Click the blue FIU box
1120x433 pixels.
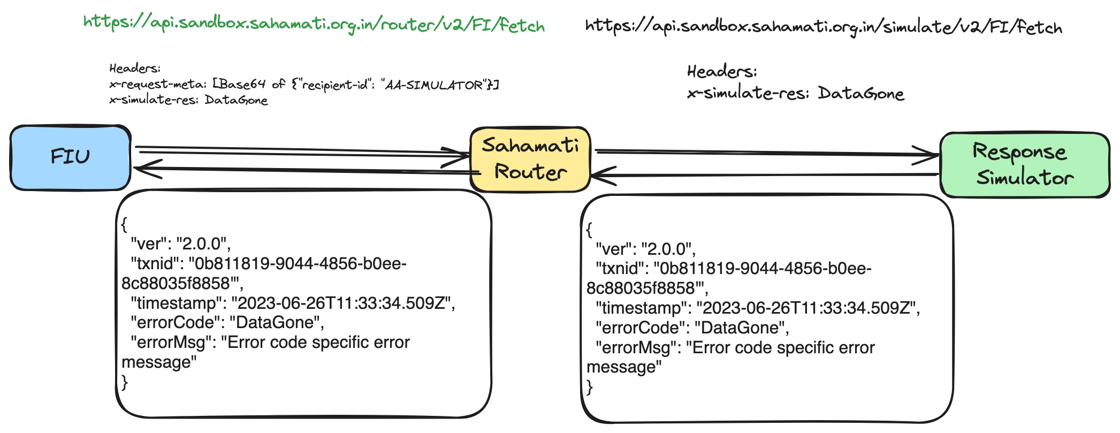(70, 157)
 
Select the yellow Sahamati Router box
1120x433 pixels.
(530, 159)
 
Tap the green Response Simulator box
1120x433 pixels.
(1024, 165)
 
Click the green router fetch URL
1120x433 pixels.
(314, 25)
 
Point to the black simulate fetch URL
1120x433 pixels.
(824, 27)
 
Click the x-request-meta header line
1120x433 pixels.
(303, 85)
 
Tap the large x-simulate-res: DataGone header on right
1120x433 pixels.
(795, 94)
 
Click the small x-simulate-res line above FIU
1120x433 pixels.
(188, 100)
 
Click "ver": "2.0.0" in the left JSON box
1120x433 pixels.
(180, 244)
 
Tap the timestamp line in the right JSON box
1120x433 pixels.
(758, 308)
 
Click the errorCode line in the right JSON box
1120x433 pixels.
(692, 328)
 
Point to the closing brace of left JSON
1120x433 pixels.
(125, 382)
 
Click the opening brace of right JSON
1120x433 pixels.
(590, 230)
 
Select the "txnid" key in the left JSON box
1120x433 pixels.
(155, 264)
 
